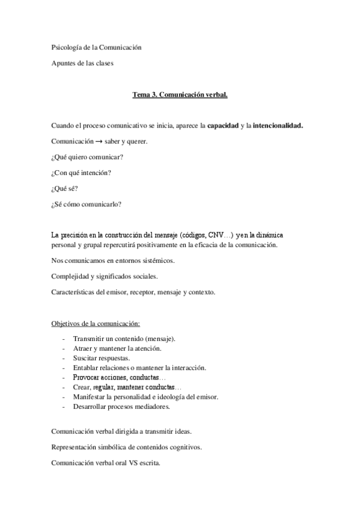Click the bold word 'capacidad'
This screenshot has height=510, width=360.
pyautogui.click(x=222, y=126)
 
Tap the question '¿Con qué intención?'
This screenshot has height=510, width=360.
pyautogui.click(x=81, y=173)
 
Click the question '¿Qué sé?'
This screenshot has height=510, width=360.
pyautogui.click(x=65, y=188)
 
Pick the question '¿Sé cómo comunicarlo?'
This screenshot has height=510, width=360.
pyautogui.click(x=87, y=204)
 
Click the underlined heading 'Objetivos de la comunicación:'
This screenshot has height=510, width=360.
pyautogui.click(x=96, y=323)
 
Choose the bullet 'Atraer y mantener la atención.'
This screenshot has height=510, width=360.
pyautogui.click(x=117, y=348)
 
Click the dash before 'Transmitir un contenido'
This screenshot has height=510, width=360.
pyautogui.click(x=64, y=339)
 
